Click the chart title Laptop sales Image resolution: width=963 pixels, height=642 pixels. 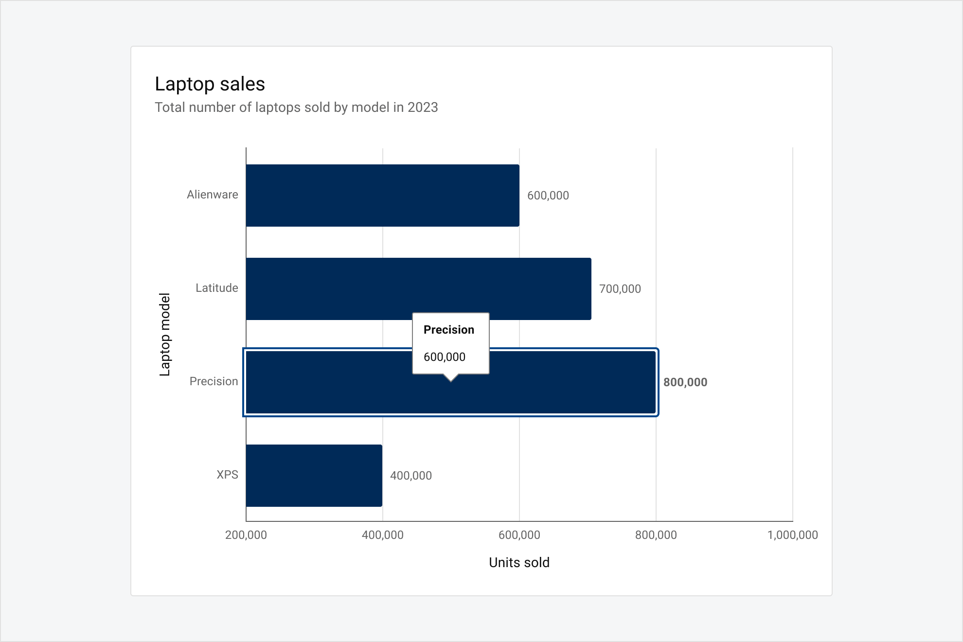coord(210,84)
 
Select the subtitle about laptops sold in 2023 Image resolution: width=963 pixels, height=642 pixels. coord(296,107)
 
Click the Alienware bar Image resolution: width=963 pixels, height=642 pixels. coord(382,196)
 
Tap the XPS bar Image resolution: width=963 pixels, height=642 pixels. coord(314,476)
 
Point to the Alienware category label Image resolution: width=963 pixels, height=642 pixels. coord(213,195)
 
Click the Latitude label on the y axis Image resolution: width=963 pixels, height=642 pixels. coord(217,288)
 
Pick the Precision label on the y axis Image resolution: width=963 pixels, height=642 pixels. coord(214,381)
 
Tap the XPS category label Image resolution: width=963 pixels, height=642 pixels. coord(227,475)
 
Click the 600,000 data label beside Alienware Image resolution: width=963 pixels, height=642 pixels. coord(548,196)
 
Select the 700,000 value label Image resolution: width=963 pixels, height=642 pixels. coord(620,289)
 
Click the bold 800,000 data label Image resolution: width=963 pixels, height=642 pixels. coord(685,382)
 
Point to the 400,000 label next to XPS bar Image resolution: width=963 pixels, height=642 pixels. coord(410,476)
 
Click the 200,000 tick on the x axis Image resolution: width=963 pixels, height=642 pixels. coord(246,535)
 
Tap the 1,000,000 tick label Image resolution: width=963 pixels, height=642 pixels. coord(792,535)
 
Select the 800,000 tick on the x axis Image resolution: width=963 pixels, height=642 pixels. coord(656,535)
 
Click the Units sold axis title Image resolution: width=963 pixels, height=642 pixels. coord(519,563)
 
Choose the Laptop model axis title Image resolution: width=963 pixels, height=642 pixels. coord(165,335)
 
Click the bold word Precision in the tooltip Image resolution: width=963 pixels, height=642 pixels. coord(448,330)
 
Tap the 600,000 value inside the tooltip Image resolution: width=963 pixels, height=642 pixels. coord(444,357)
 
